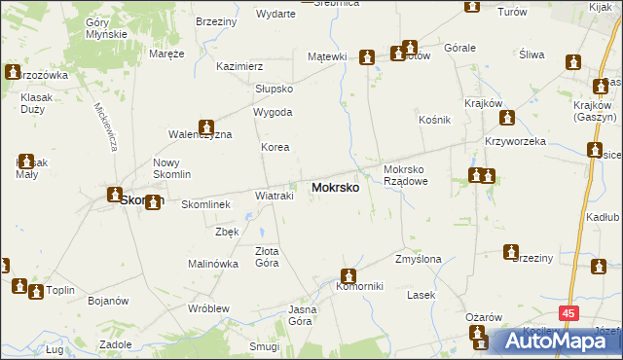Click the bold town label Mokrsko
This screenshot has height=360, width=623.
tap(335, 187)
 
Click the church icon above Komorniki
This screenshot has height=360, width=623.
tap(349, 275)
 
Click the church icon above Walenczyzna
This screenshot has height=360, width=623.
tap(206, 126)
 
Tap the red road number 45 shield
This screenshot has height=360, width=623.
tap(569, 313)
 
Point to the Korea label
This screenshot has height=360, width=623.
tap(275, 147)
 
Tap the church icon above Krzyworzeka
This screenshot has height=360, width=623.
tap(507, 119)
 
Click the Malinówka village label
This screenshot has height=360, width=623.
tap(213, 264)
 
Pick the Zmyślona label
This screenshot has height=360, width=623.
tap(419, 260)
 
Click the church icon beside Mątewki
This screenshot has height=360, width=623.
tap(367, 57)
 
